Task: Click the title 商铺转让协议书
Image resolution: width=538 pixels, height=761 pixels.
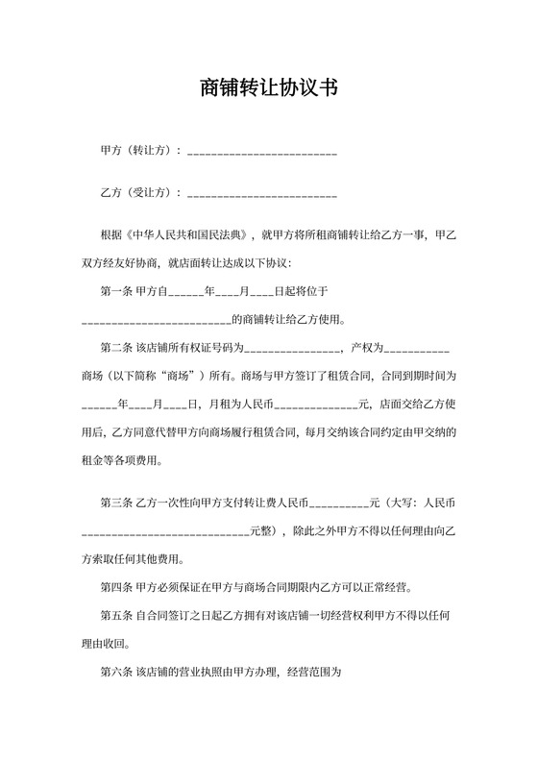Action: [268, 89]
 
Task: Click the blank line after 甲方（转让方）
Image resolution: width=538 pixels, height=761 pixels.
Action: [261, 153]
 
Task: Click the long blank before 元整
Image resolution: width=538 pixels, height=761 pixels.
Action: [164, 531]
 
